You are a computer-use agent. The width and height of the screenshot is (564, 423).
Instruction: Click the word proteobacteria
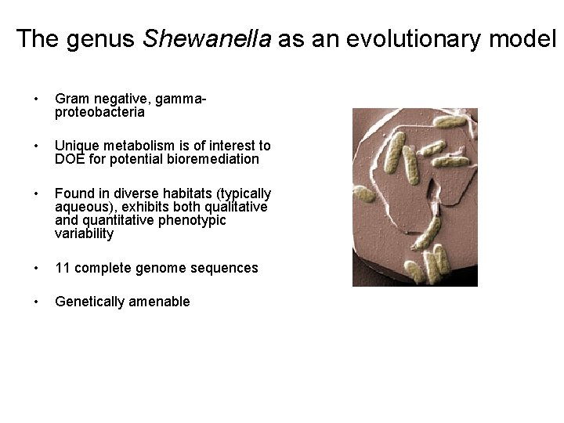99,112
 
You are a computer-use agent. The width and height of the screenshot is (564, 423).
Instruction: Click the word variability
84,233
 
